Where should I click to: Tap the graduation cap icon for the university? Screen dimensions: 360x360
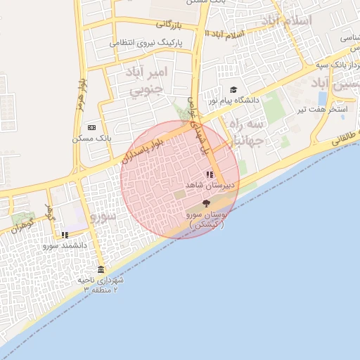pos(233,90)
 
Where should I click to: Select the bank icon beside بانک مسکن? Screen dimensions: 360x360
pos(92,128)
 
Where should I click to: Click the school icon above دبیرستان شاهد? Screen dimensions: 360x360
pos(209,174)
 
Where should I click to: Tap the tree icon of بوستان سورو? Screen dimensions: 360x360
pos(205,202)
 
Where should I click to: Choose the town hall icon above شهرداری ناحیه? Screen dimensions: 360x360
pos(101,270)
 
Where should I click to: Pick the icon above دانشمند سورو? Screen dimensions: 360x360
pos(65,236)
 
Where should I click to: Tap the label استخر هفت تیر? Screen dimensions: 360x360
pos(323,110)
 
